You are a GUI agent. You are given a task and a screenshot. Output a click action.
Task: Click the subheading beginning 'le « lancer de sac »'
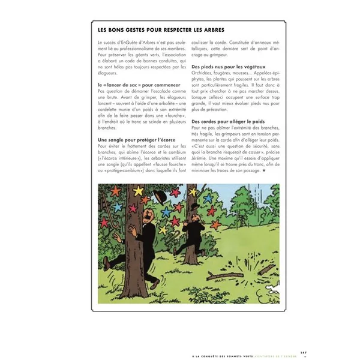(131, 85)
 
